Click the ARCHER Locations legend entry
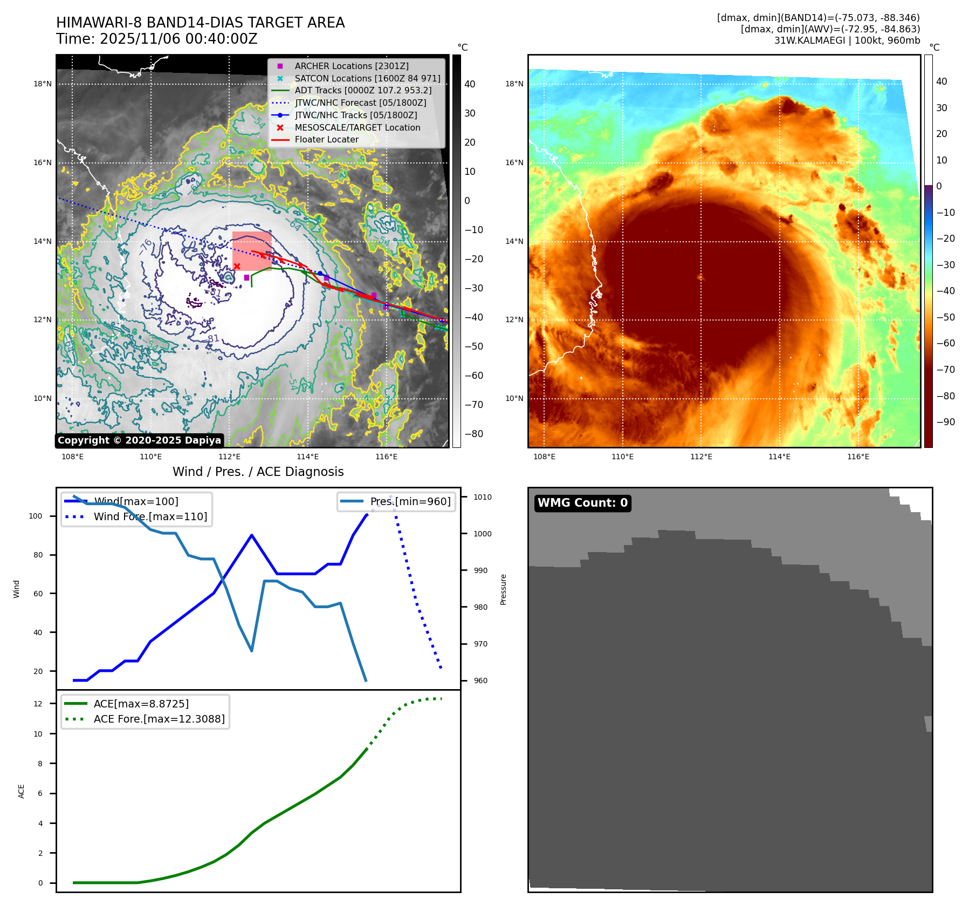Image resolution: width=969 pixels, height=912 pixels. click(x=351, y=66)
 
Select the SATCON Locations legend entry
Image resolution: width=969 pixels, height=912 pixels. click(x=367, y=78)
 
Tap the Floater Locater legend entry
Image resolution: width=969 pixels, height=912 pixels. click(x=326, y=139)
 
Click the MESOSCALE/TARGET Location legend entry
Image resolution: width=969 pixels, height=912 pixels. click(x=357, y=127)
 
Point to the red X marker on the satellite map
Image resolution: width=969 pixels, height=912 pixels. click(x=237, y=266)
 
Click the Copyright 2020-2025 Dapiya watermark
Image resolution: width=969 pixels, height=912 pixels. click(x=139, y=440)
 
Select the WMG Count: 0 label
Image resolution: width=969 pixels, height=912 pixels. click(x=582, y=503)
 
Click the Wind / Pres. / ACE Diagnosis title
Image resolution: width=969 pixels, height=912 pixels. click(x=258, y=472)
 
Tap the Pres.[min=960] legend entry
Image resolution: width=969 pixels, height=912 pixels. click(x=410, y=501)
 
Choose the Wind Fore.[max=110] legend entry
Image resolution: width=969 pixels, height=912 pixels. click(x=150, y=516)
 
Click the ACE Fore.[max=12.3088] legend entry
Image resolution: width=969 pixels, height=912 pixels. click(x=159, y=719)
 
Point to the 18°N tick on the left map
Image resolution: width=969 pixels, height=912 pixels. click(x=43, y=84)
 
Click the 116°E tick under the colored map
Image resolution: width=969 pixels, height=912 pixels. click(x=858, y=457)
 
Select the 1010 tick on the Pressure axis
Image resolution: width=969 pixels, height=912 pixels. click(x=483, y=497)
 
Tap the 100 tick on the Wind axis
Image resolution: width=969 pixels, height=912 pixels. click(x=35, y=516)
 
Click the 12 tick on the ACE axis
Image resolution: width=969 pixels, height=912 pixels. click(x=38, y=704)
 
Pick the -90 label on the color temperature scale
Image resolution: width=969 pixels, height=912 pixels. click(x=945, y=422)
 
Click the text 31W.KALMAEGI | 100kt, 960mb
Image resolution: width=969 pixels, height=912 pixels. click(x=847, y=40)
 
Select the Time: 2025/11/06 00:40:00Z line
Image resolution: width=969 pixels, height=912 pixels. click(x=156, y=39)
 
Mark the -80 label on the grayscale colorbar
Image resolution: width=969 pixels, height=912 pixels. click(x=473, y=434)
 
